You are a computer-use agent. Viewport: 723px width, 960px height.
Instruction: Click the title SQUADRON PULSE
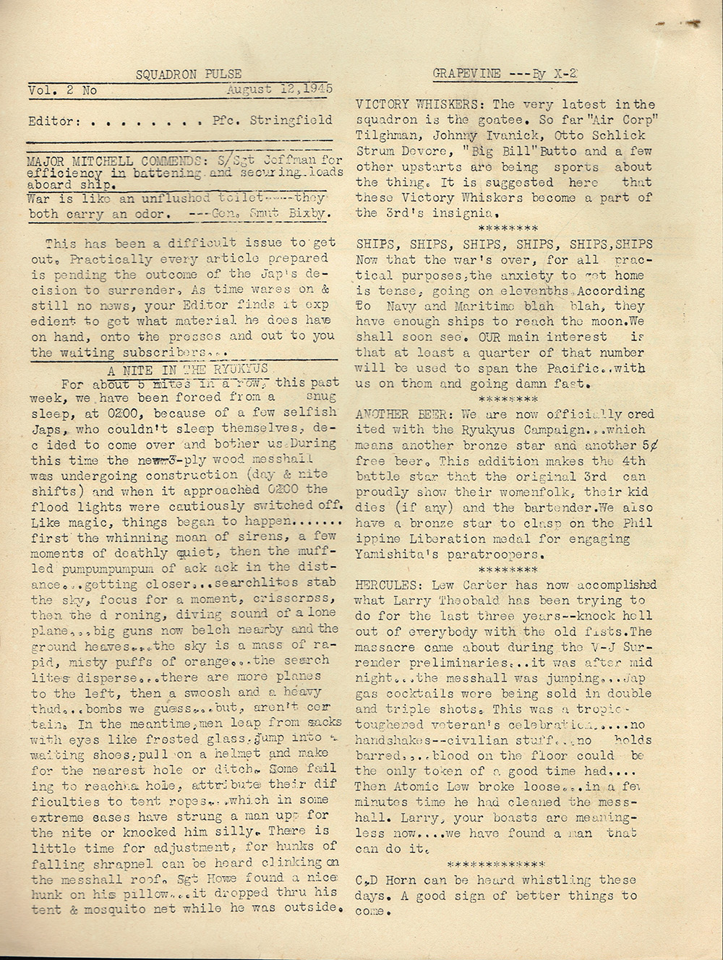(188, 74)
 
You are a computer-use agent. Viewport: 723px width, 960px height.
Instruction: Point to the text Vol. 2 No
(62, 91)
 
